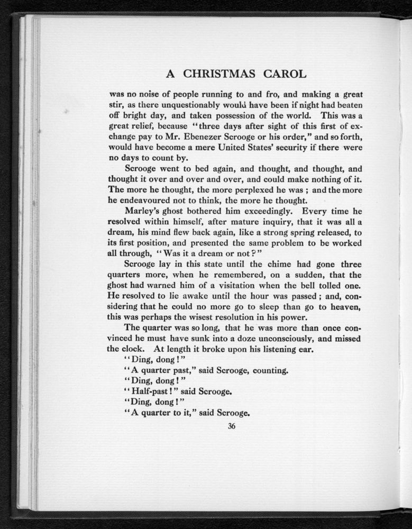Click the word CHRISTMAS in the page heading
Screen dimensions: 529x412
216,74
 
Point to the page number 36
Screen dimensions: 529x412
231,427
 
